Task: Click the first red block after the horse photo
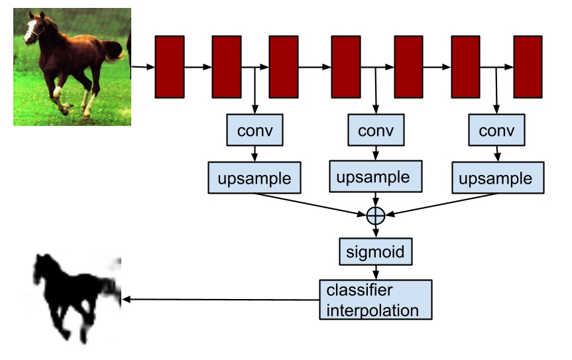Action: pyautogui.click(x=169, y=67)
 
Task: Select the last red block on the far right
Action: pyautogui.click(x=528, y=67)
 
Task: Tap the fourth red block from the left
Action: pyautogui.click(x=345, y=67)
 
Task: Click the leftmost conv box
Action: pyautogui.click(x=255, y=131)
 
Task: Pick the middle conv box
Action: pyautogui.click(x=376, y=131)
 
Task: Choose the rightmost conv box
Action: pyautogui.click(x=496, y=131)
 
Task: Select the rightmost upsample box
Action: pyautogui.click(x=496, y=178)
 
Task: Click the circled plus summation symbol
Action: pyautogui.click(x=376, y=215)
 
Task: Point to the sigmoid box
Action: pyautogui.click(x=376, y=252)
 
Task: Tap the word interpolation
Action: pyautogui.click(x=372, y=310)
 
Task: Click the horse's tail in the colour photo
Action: pyautogui.click(x=114, y=50)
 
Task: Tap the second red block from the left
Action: pyautogui.click(x=227, y=67)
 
